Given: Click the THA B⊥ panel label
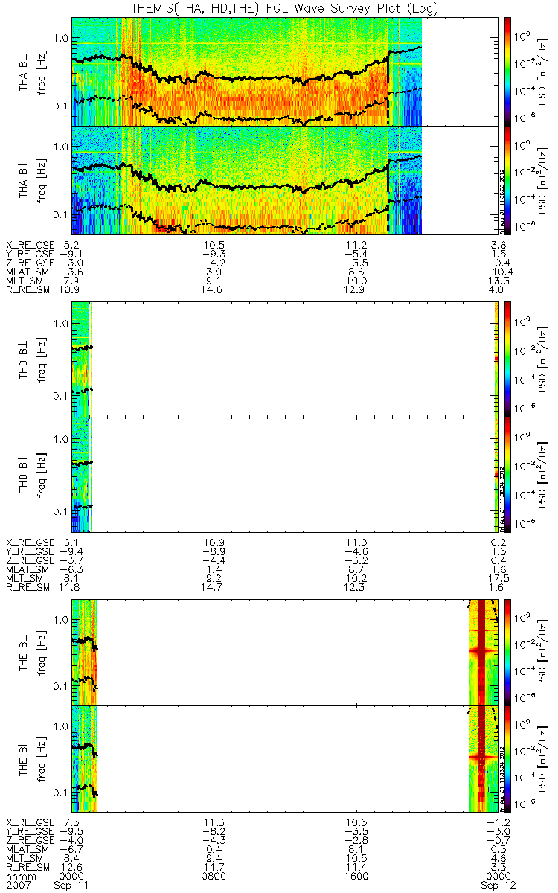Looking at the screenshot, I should click(x=27, y=71).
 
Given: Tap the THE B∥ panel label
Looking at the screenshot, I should click(x=27, y=758).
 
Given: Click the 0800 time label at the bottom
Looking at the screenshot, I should click(x=214, y=877).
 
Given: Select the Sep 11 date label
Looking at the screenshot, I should click(x=72, y=886).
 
